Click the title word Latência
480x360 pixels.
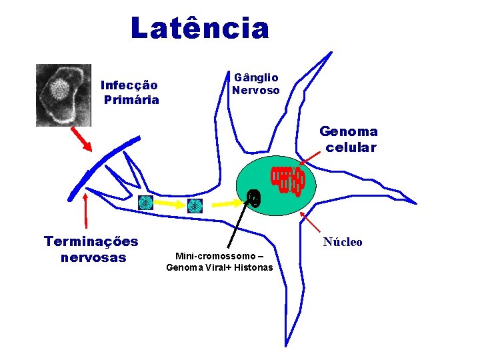(200, 29)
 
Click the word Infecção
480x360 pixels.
(129, 85)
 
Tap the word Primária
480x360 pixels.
(131, 100)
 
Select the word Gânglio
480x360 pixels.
(256, 77)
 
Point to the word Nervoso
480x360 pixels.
(256, 90)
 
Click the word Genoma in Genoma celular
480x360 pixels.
(349, 132)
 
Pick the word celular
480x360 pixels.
(351, 147)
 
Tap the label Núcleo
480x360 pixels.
(343, 242)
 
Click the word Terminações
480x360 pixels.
(91, 241)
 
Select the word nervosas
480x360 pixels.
(93, 257)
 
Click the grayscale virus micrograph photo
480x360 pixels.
(63, 95)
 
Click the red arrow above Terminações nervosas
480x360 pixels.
(86, 211)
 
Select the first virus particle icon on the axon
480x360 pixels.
(145, 203)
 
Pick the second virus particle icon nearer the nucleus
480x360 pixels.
(195, 205)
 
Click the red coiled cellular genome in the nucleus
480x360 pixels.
(287, 179)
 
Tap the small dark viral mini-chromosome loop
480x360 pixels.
(253, 197)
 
